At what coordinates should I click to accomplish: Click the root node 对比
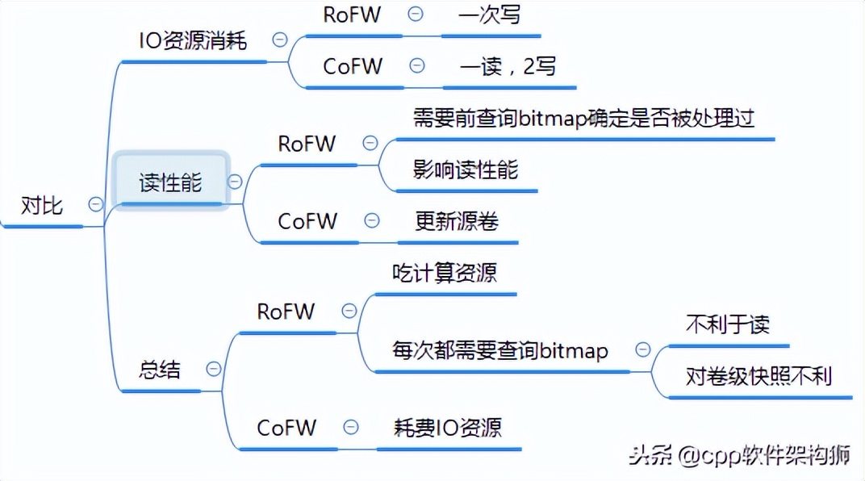coord(42,206)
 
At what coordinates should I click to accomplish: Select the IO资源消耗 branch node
coord(193,41)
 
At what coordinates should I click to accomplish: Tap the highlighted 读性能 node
coord(170,182)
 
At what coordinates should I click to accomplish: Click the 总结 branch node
coord(160,370)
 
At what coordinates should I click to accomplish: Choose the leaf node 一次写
coord(489,15)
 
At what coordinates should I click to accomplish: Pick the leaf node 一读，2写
coord(508,66)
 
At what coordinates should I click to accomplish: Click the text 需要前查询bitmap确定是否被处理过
coord(583,118)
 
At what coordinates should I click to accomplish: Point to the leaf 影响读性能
coord(466,169)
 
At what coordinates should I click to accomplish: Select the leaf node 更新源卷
coord(457,220)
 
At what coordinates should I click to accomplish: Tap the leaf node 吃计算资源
coord(444,272)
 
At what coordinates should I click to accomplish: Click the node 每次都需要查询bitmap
coord(500,350)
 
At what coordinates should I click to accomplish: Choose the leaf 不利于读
coord(728,324)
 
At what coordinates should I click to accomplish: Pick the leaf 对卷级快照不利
coord(758,375)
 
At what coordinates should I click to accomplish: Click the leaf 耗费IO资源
coord(447,427)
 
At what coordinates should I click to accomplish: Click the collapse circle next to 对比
coord(96,205)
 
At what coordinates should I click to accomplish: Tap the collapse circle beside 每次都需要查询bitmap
coord(643,350)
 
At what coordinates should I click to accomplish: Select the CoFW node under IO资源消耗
coord(353,66)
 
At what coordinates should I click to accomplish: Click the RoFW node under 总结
coord(286,312)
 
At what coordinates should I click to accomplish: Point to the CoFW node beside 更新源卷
coord(307,221)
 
